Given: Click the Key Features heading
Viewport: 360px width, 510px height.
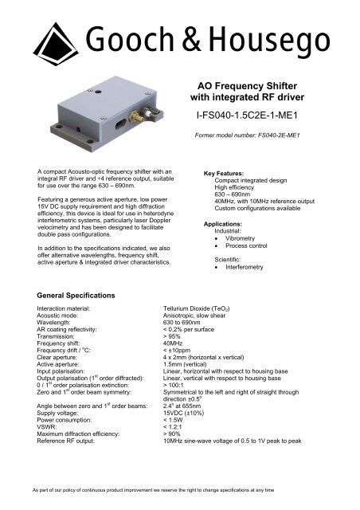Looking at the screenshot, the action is [229, 172].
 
